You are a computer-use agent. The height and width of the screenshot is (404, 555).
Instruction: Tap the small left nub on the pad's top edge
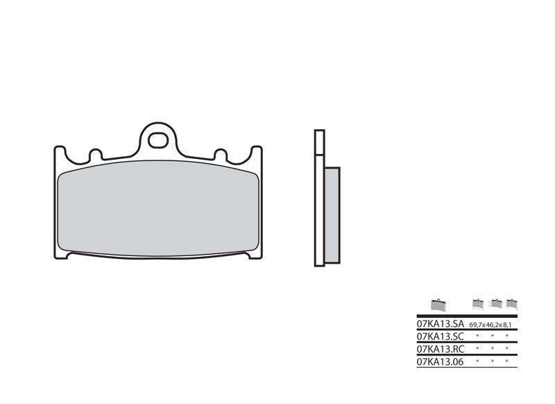(96, 154)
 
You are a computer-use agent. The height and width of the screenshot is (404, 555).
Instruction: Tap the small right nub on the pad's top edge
(221, 154)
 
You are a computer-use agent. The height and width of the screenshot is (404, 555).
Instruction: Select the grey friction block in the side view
(332, 215)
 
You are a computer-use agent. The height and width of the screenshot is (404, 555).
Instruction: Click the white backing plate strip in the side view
(319, 208)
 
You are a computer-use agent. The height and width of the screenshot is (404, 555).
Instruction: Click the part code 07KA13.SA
(440, 324)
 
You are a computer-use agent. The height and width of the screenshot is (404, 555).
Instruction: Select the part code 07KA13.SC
(440, 335)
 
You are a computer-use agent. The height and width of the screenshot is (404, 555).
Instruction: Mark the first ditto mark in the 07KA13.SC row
(478, 335)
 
